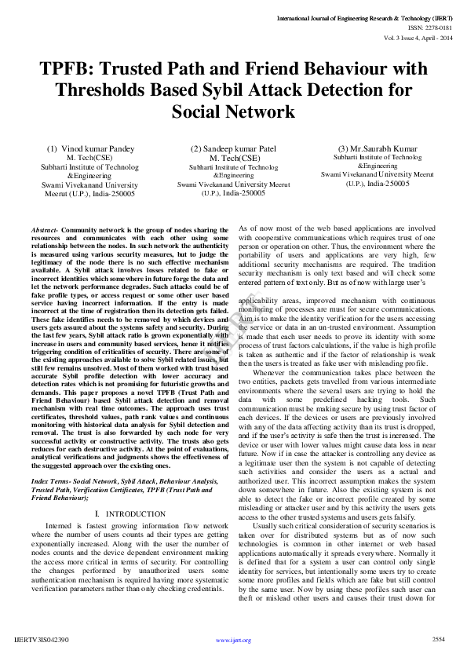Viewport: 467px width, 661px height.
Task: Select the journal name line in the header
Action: point(364,16)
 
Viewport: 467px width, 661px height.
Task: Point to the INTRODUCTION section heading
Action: point(132,513)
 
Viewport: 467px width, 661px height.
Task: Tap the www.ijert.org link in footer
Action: point(233,640)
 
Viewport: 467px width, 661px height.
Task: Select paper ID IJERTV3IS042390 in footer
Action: point(42,640)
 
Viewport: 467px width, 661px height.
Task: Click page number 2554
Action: point(439,639)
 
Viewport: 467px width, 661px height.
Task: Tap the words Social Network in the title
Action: point(233,112)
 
